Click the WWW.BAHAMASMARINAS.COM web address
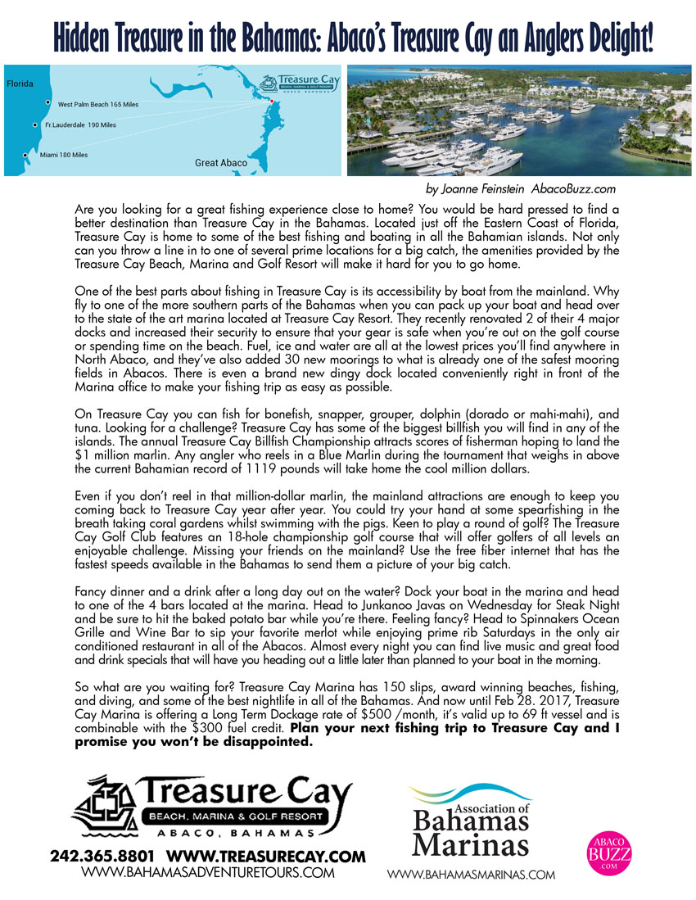[471, 875]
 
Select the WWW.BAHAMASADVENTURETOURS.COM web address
[209, 873]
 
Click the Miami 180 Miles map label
[63, 155]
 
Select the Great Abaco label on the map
[220, 163]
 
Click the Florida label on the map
[20, 84]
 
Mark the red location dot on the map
[271, 100]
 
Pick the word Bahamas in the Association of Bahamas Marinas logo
[471, 823]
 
